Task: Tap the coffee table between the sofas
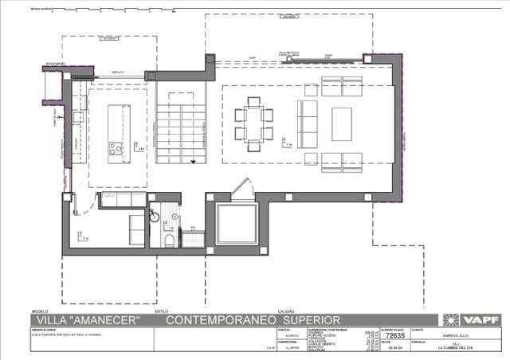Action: [342, 124]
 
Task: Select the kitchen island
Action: [117, 123]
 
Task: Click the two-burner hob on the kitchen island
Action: [116, 148]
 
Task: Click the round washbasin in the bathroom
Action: [155, 215]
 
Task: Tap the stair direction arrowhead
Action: [193, 160]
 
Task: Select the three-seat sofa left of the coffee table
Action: [307, 124]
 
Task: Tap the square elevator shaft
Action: [237, 224]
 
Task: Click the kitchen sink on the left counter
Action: [78, 117]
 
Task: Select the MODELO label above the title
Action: [40, 311]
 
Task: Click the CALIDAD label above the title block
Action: [285, 311]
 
